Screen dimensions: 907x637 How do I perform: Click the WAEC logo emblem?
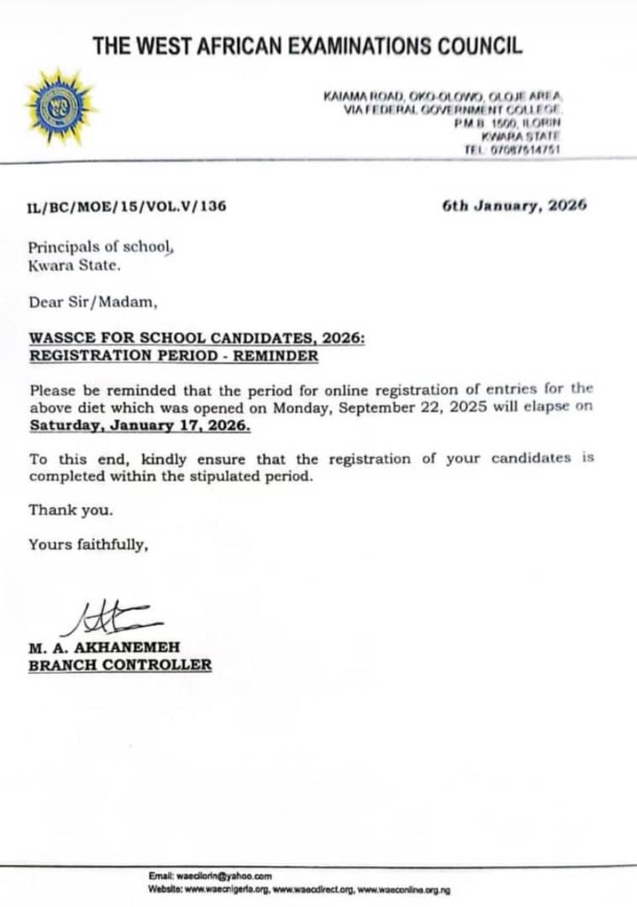(x=58, y=107)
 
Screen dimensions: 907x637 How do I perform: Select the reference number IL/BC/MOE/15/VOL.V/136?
(x=127, y=206)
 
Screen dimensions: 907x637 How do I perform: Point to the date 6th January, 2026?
(x=514, y=205)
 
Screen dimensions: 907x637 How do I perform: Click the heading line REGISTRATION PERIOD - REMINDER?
(x=174, y=355)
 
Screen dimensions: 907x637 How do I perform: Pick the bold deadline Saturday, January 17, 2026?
(x=140, y=426)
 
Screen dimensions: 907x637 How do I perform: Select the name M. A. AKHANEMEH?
(x=103, y=647)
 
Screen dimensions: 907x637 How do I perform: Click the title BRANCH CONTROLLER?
(x=120, y=665)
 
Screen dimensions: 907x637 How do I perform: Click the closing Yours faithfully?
(x=89, y=544)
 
